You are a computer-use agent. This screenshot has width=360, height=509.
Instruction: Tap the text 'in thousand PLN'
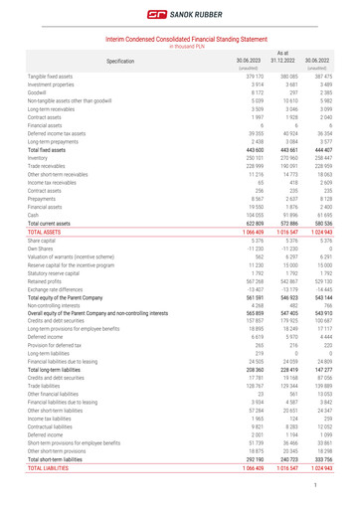(x=179, y=46)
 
